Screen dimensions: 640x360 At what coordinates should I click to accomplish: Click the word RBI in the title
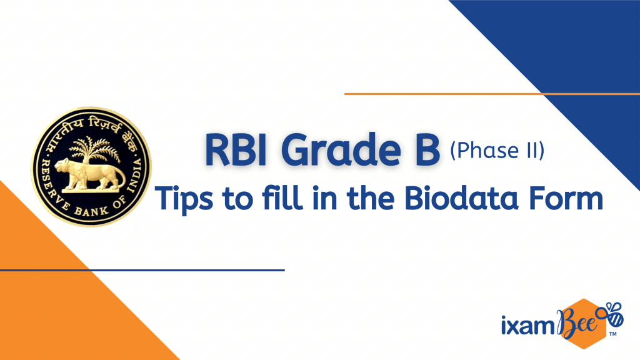236,150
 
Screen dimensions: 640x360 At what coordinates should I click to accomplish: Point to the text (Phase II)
497,151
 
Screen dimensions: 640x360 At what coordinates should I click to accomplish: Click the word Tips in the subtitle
184,199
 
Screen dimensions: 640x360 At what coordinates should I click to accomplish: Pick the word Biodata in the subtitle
461,197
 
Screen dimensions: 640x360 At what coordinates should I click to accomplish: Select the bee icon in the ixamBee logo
610,314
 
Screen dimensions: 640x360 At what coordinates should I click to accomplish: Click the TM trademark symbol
612,334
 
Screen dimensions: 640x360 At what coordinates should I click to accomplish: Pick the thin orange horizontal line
492,94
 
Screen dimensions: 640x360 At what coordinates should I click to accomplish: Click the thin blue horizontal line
142,270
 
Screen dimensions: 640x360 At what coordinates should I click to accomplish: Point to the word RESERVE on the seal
47,181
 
